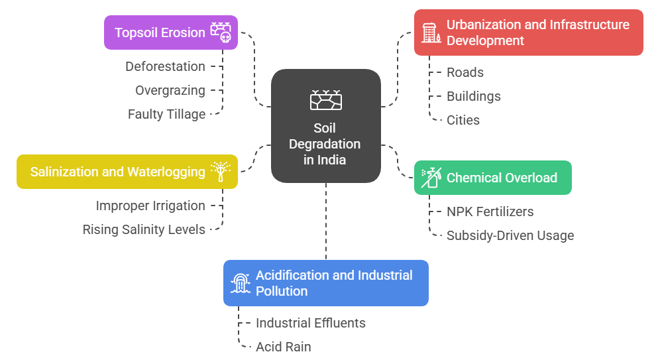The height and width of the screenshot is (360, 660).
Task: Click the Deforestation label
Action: tap(165, 66)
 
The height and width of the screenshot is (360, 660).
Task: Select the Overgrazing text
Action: tap(170, 90)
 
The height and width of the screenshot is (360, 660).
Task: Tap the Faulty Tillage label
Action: tap(166, 114)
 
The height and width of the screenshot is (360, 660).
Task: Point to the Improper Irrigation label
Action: tap(150, 206)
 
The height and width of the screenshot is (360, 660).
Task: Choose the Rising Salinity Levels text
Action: tap(144, 229)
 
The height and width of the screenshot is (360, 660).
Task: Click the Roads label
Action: tap(465, 72)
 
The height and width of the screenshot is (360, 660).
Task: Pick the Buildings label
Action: tap(474, 96)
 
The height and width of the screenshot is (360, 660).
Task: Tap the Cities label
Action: tap(463, 120)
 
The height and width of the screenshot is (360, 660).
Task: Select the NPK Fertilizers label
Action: tap(490, 211)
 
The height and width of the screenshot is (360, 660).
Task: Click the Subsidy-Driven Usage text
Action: tap(510, 235)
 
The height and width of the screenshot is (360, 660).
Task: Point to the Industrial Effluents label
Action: tap(311, 323)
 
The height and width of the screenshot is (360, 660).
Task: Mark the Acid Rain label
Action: tap(284, 347)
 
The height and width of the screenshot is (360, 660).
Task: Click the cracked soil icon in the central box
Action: tap(326, 99)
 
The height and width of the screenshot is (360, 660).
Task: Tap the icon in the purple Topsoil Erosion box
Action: tap(221, 32)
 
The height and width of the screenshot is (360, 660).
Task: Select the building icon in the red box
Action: tap(431, 32)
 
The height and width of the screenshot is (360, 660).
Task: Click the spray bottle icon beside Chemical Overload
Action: tap(431, 177)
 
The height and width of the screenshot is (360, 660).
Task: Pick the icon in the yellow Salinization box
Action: tap(220, 170)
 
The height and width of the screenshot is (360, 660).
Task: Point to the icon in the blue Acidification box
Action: tap(241, 283)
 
